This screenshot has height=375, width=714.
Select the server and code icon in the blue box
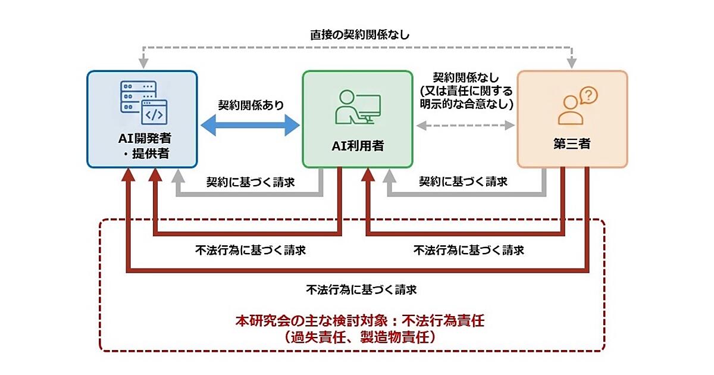tap(143, 103)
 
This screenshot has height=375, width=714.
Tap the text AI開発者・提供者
tap(143, 146)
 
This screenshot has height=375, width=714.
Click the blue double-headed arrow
tap(249, 125)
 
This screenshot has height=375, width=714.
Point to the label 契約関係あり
tap(250, 105)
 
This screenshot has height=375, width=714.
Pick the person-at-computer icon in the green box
tap(357, 106)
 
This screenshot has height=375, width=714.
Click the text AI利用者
tap(358, 144)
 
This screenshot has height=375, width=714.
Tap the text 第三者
tap(572, 144)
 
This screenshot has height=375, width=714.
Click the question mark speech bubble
tap(588, 95)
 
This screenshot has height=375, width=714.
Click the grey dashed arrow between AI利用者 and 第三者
tap(465, 125)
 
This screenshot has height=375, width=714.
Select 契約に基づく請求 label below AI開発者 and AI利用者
tap(250, 182)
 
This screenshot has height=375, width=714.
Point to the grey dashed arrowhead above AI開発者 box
tap(143, 62)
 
